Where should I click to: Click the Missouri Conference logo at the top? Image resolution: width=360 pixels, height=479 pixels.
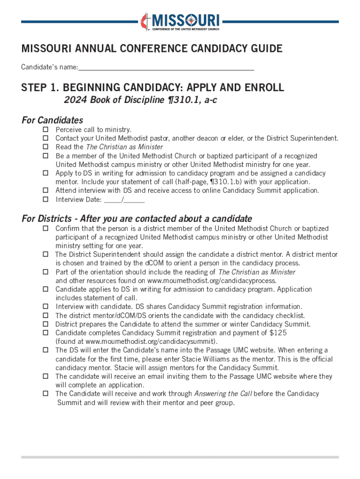click(180, 21)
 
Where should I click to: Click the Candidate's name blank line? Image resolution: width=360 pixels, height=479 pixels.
click(166, 68)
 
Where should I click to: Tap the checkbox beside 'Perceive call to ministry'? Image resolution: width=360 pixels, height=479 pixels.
click(46, 129)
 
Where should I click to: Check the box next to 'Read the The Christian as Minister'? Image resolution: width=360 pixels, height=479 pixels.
click(46, 147)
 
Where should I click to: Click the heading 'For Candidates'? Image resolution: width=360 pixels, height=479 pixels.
click(52, 120)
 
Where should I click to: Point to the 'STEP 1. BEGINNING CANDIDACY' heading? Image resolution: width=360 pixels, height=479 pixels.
click(152, 88)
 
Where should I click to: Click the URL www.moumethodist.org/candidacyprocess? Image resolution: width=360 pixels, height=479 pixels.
click(212, 281)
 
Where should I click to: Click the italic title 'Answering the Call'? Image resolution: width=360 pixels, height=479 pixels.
click(223, 394)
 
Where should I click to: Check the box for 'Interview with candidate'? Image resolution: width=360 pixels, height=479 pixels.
click(46, 307)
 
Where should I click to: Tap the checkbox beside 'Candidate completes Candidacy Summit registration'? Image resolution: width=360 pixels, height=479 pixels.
click(46, 333)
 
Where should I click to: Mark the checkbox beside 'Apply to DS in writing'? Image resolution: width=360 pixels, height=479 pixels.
click(46, 173)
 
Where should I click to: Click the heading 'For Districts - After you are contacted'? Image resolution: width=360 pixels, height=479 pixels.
click(137, 219)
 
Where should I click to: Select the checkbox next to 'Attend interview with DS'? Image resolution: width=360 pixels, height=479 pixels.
click(46, 191)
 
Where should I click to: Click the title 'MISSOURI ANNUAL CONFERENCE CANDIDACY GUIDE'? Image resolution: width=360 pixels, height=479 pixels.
click(152, 49)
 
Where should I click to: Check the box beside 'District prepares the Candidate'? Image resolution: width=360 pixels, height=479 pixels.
click(46, 324)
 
